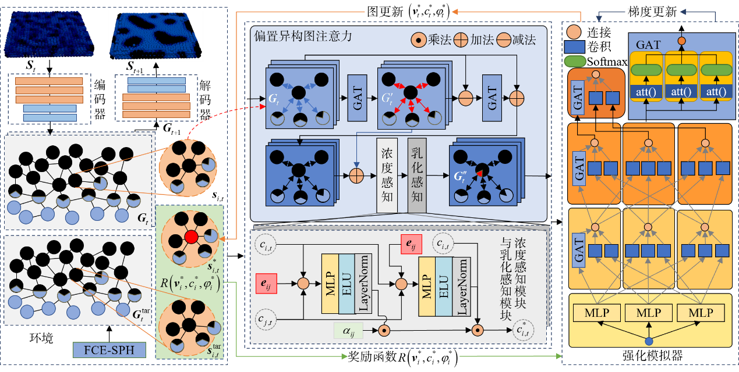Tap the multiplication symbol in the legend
click(418, 40)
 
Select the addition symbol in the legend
click(461, 40)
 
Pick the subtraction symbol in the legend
click(503, 40)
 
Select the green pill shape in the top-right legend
click(575, 60)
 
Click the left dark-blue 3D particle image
click(44, 35)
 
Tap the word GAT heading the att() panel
click(648, 44)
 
